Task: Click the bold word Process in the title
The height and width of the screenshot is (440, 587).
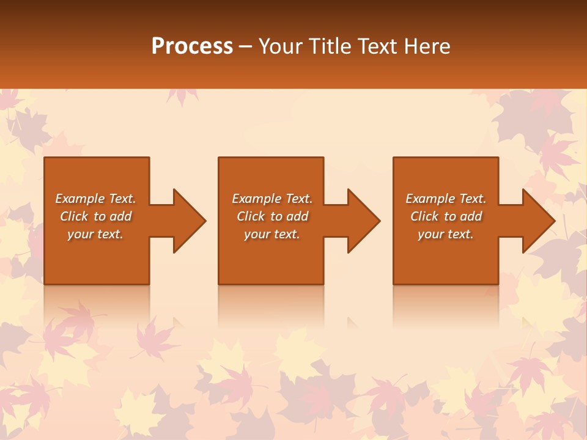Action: [x=192, y=46]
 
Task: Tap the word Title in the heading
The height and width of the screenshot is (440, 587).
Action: [x=329, y=46]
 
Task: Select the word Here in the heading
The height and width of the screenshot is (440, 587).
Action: [x=426, y=46]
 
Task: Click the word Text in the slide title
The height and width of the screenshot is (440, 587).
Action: [x=377, y=46]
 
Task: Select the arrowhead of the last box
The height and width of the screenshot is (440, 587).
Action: [x=537, y=221]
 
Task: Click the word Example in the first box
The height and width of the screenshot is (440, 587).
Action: [x=80, y=199]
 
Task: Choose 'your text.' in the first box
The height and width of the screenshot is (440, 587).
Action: [x=95, y=234]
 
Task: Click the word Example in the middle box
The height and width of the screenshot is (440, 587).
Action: [x=257, y=199]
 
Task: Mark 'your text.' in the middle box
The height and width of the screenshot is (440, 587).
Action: [x=272, y=234]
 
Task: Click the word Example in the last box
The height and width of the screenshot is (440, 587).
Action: [x=430, y=199]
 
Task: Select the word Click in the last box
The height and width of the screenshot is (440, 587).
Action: [x=425, y=216]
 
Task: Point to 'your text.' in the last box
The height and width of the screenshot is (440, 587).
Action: [x=446, y=234]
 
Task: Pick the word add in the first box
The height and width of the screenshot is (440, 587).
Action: [x=120, y=216]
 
